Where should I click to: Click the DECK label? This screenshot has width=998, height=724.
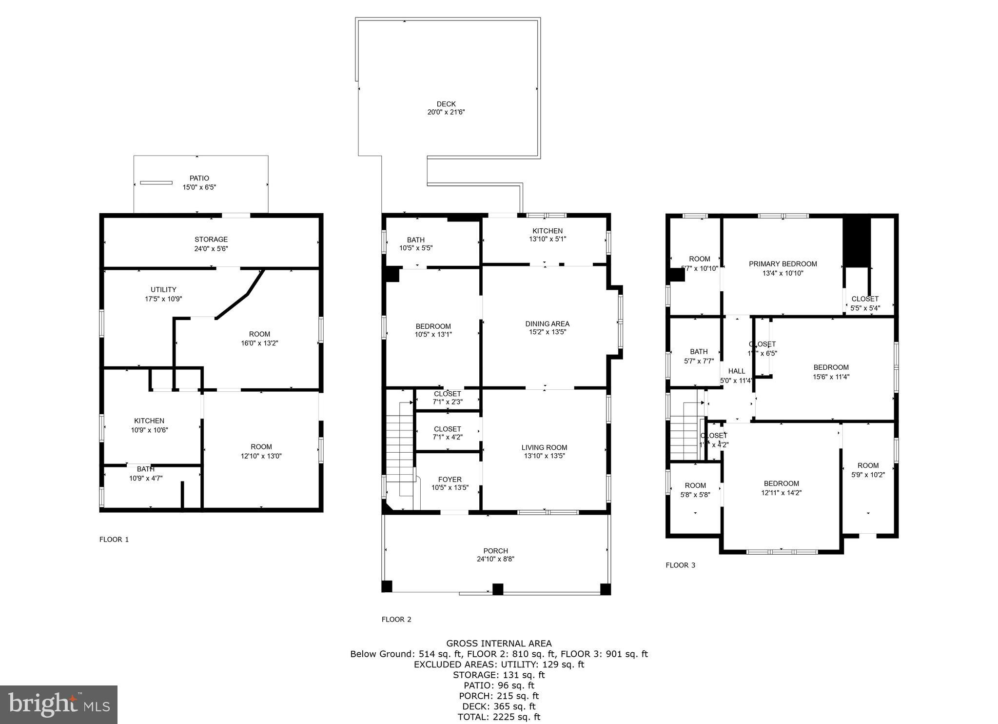pos(446,104)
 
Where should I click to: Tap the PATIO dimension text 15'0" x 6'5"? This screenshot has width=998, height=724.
pos(199,187)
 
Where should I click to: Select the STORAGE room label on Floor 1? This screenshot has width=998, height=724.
pos(211,240)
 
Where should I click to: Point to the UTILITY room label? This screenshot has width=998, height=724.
pos(163,290)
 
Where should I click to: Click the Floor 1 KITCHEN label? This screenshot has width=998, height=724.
pos(149,421)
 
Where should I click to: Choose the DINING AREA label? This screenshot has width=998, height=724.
pos(547,324)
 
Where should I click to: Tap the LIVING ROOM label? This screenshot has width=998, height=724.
pos(544,447)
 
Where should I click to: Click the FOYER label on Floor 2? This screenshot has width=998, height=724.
pos(450,480)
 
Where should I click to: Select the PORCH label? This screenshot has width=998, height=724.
pos(495,551)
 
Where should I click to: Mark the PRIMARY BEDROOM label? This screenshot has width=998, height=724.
pos(783,264)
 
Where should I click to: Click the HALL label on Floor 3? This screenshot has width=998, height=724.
pos(736,371)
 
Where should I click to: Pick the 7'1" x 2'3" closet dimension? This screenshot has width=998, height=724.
pos(447,402)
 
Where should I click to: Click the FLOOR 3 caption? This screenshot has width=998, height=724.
pos(680,565)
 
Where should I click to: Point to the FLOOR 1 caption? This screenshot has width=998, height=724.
pos(114,540)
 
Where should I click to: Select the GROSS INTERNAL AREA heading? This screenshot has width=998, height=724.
pos(499,644)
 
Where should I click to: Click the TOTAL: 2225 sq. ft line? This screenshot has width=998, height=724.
pos(499,717)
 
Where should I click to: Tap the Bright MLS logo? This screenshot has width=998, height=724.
pos(59,704)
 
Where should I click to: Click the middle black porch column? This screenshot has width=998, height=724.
pos(497,589)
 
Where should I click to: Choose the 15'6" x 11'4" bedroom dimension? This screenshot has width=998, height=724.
pos(831,377)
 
